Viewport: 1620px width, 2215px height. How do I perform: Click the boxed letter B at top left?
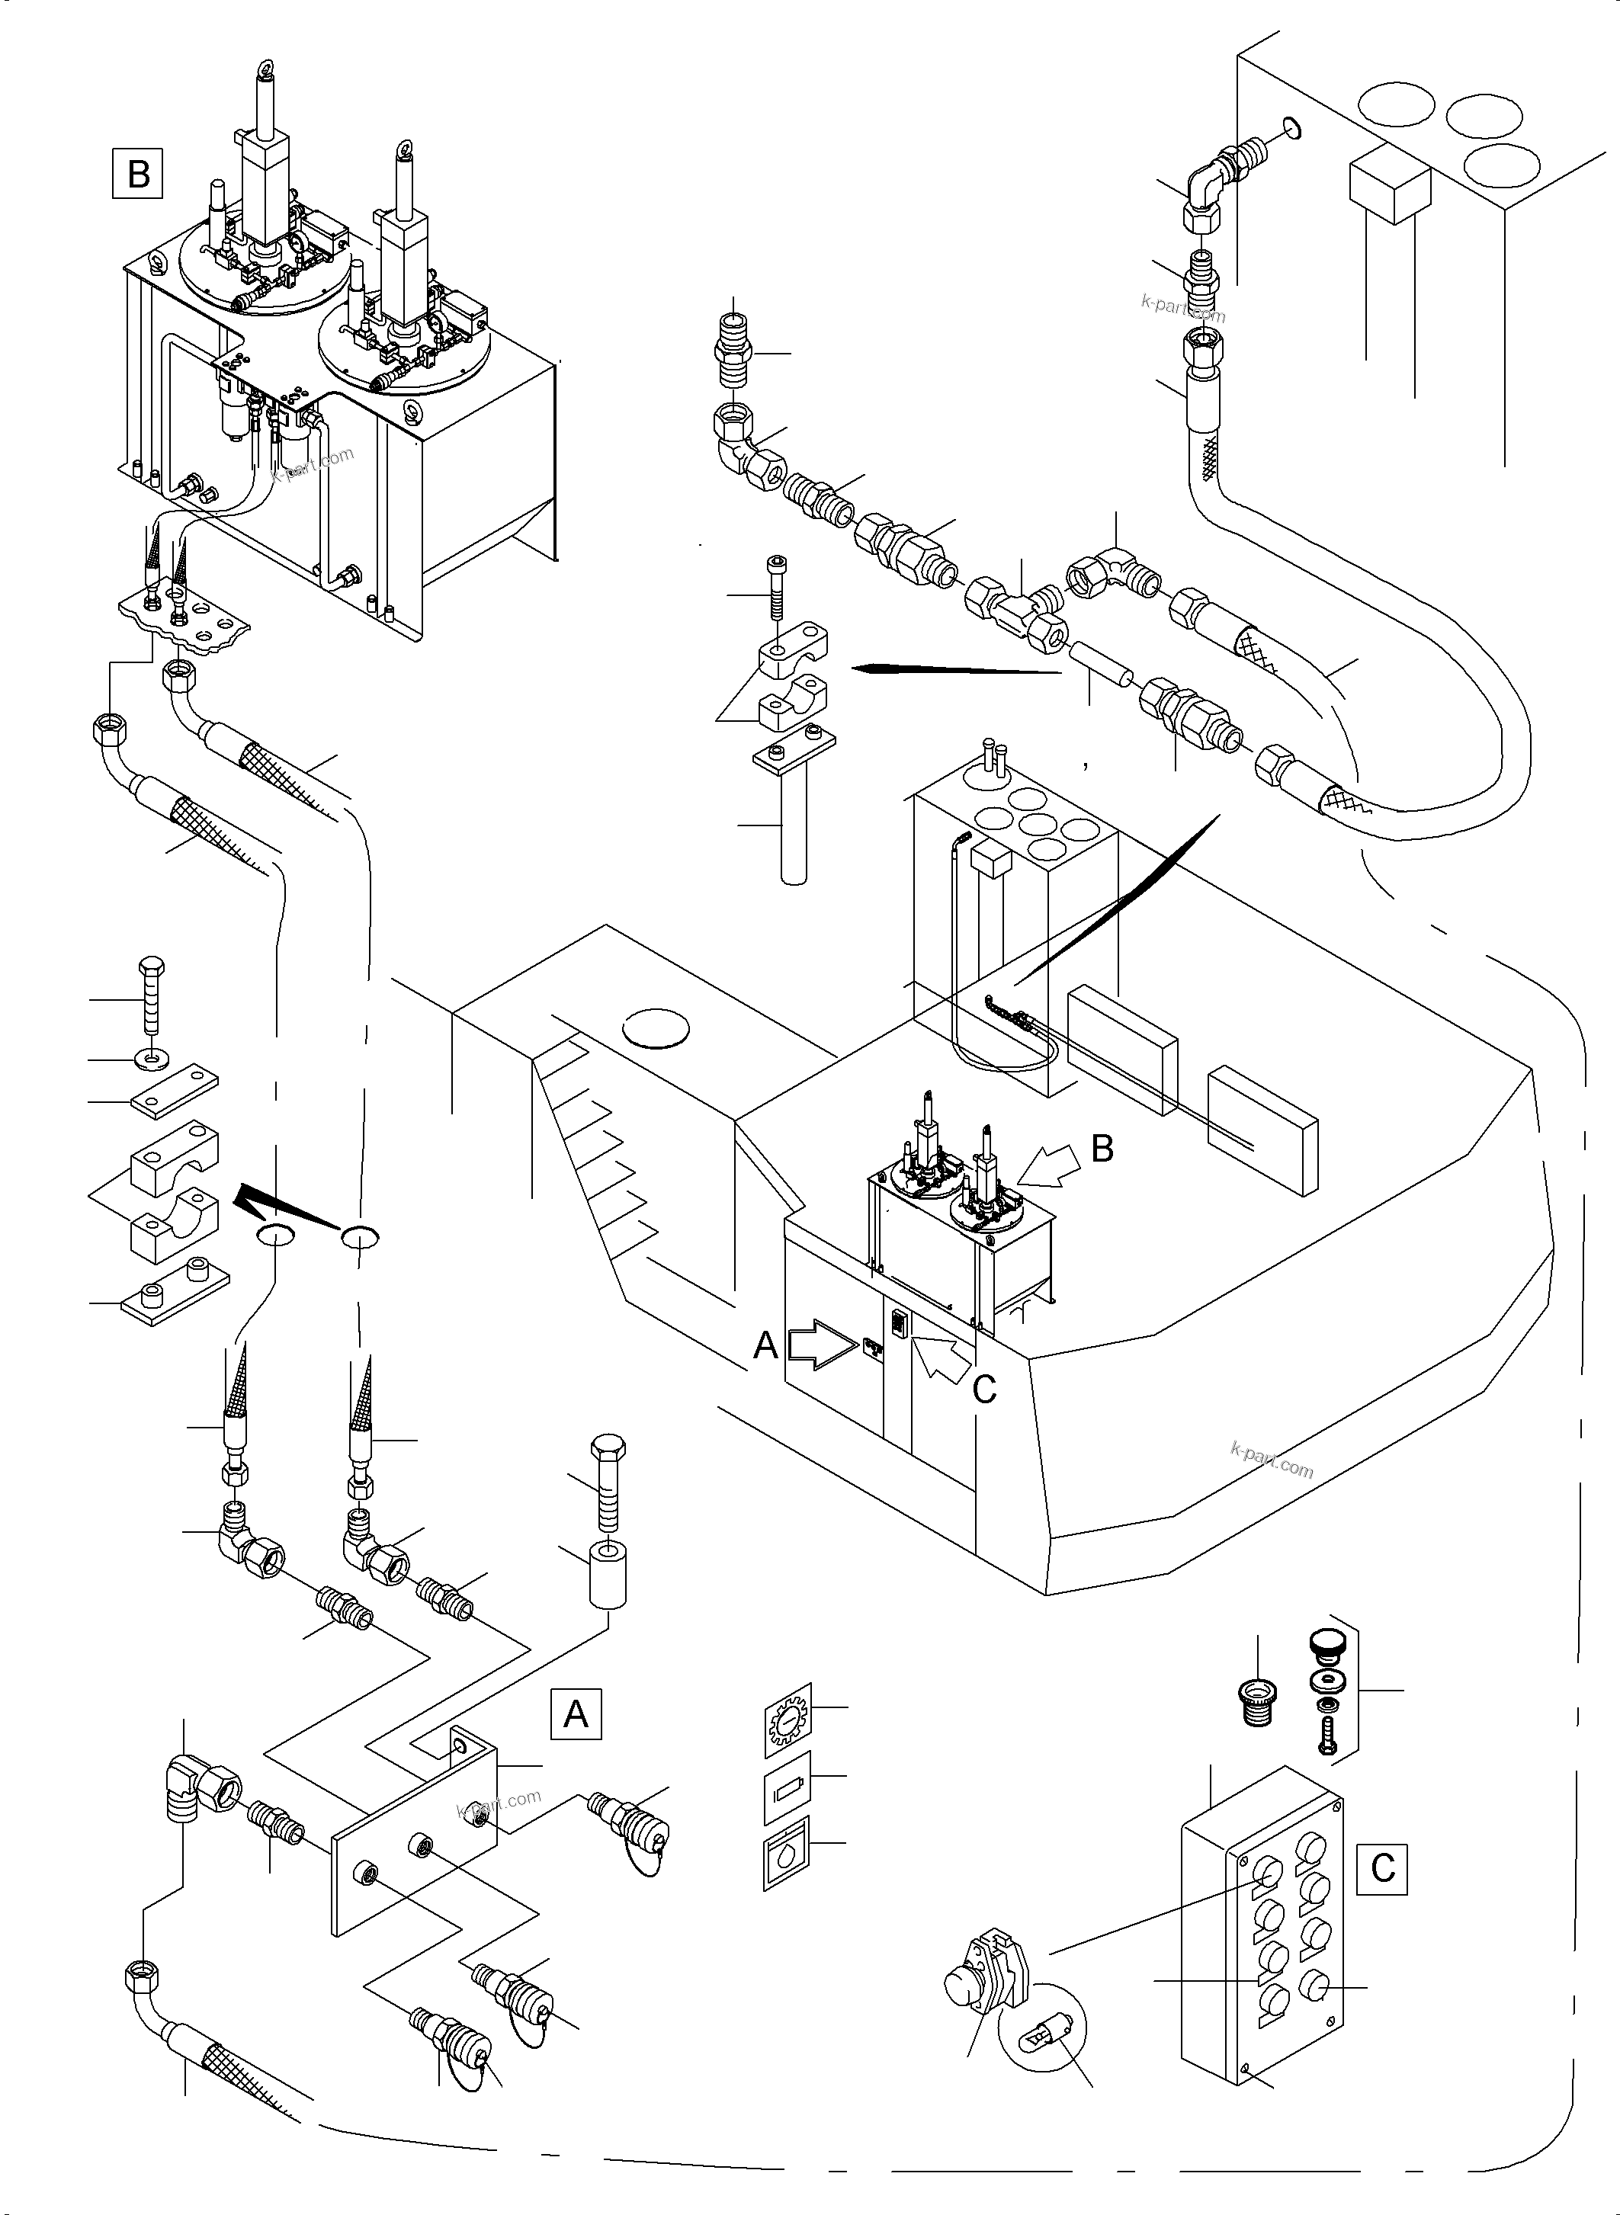pos(138,174)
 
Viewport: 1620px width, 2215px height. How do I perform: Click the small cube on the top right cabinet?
pos(1388,185)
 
